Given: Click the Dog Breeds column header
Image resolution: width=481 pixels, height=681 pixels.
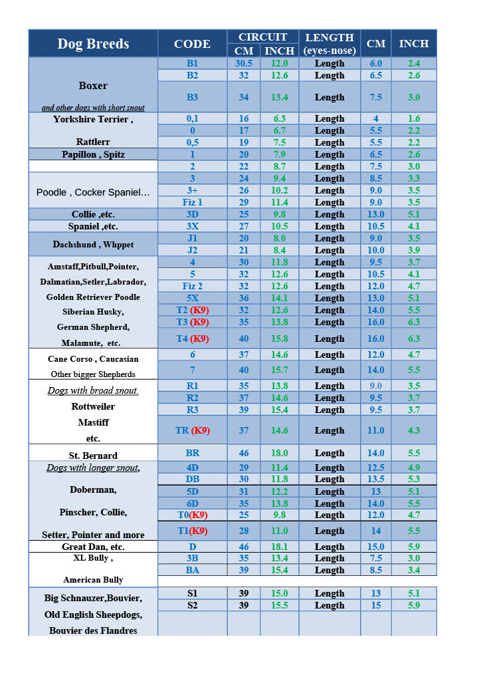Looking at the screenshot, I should tap(93, 44).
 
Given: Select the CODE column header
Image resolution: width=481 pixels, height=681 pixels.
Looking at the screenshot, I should tap(192, 44).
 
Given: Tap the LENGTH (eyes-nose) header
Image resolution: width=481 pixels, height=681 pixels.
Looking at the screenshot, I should tap(330, 44).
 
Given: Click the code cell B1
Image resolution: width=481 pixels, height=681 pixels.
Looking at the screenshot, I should tap(192, 63).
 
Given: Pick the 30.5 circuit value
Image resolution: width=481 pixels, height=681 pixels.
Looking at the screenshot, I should tap(244, 63).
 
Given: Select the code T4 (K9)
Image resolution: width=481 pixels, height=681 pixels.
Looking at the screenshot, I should tap(192, 339).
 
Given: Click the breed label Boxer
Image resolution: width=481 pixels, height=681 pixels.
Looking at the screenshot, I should tap(93, 86).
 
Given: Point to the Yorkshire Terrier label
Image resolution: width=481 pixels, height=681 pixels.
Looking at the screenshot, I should tap(93, 120).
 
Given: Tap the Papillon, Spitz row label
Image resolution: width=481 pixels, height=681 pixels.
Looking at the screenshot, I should tap(93, 154).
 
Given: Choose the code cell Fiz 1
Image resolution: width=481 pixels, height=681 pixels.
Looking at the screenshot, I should tap(192, 202).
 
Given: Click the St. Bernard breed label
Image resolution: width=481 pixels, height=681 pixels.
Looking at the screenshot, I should tap(93, 456).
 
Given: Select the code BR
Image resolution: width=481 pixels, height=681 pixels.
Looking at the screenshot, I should tap(192, 453).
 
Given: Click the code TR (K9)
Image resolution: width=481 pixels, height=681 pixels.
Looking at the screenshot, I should tap(192, 430).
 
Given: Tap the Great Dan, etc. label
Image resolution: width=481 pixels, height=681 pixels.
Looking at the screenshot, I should tap(93, 547).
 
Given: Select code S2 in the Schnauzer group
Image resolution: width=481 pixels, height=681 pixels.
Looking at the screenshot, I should tap(192, 605).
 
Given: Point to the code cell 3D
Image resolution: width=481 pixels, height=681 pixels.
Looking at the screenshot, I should tap(192, 214).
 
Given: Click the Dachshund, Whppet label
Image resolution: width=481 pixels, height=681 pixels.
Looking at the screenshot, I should tap(93, 245).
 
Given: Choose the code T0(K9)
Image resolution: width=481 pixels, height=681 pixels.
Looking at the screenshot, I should tap(192, 515).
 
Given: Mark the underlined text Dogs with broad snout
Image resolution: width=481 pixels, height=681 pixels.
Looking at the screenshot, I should tap(93, 390).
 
